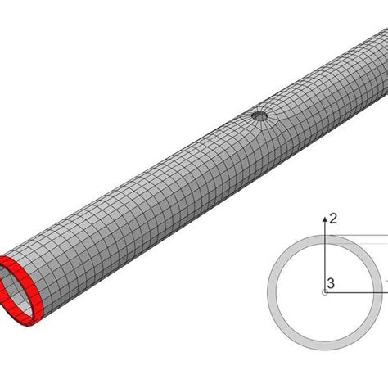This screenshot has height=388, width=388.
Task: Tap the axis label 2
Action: (332, 218)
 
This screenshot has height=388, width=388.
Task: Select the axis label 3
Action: (331, 284)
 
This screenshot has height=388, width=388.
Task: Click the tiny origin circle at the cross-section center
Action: (325, 292)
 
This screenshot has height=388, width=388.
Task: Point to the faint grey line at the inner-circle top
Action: (360, 245)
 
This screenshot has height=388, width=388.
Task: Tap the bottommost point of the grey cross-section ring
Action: (325, 348)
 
